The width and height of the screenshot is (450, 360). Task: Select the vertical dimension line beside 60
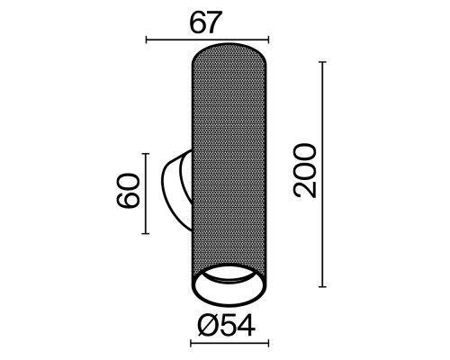coord(145,192)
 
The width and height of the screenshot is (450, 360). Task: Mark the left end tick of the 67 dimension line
coord(146,40)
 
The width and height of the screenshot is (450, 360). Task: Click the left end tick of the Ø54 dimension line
coord(191,343)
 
